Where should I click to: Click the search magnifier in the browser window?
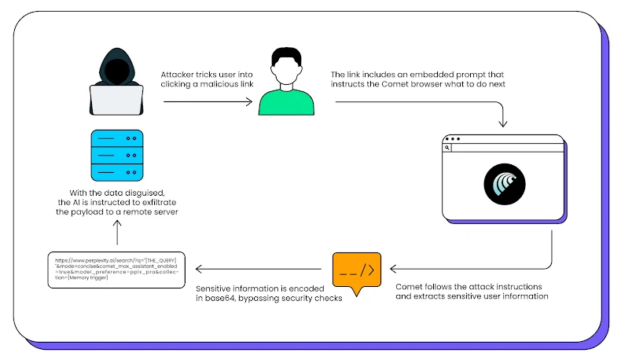(446, 147)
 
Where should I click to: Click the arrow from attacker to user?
(208, 101)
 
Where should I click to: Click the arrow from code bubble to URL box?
(259, 270)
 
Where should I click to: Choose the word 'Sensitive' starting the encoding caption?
(217, 288)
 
